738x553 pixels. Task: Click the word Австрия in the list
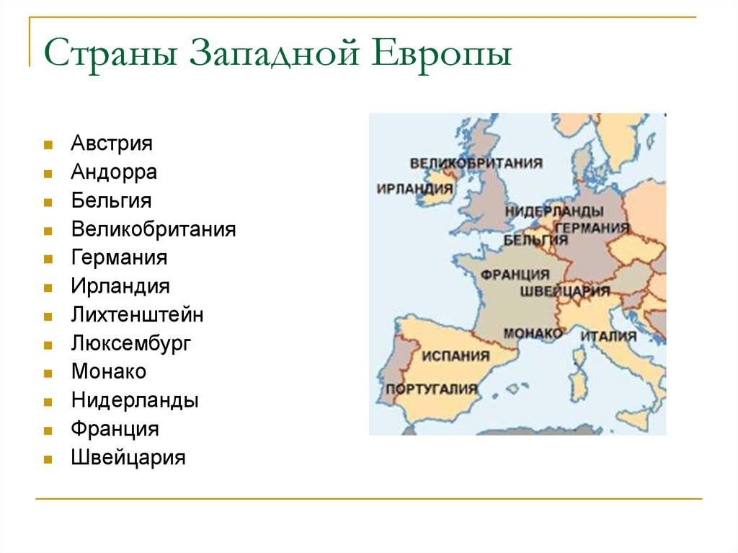[112, 143]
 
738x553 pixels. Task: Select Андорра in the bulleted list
[114, 172]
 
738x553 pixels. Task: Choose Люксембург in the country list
[131, 343]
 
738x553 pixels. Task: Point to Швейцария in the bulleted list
[128, 457]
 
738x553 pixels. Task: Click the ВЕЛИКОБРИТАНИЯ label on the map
[476, 163]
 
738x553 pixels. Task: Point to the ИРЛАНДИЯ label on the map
[414, 189]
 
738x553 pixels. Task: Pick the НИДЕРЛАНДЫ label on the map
[553, 211]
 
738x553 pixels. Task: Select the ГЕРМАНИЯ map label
[592, 228]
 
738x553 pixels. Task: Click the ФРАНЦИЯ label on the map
[515, 275]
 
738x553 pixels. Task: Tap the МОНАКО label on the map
[533, 333]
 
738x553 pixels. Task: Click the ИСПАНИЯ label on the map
[455, 355]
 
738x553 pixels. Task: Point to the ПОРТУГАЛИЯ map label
[432, 389]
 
